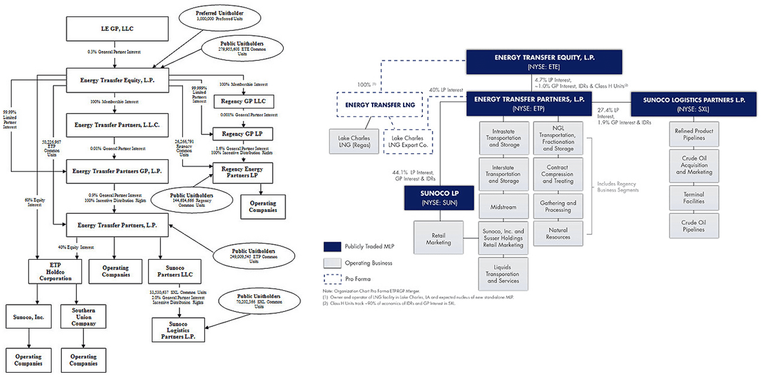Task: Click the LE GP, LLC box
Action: (x=117, y=28)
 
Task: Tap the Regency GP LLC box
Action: (x=243, y=102)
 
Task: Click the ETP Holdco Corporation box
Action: (x=51, y=272)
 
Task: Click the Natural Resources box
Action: (x=557, y=233)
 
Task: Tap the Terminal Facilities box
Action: (x=694, y=197)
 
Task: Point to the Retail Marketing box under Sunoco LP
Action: (x=438, y=238)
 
